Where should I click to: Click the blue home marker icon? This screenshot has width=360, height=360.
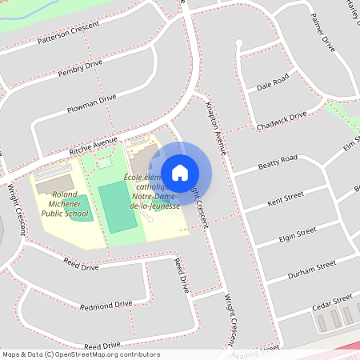click(180, 172)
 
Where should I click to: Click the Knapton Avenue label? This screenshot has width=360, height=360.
click(217, 127)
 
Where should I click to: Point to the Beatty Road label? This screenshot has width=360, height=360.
click(278, 162)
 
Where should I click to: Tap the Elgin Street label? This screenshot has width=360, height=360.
click(295, 234)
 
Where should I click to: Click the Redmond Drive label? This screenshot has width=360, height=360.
click(106, 305)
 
